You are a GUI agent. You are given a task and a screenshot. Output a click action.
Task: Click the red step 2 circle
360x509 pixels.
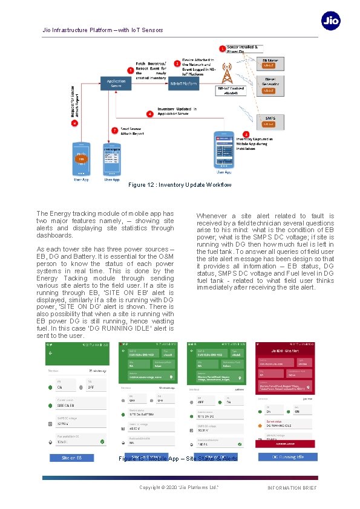click(x=177, y=63)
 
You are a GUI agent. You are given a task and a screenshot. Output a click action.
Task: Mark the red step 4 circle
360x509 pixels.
click(x=150, y=114)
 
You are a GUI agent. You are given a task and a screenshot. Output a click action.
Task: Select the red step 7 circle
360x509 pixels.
click(x=114, y=130)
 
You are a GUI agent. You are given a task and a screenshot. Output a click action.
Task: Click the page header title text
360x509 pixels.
click(x=102, y=30)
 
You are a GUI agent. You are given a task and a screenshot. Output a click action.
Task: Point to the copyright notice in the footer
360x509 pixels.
click(x=178, y=487)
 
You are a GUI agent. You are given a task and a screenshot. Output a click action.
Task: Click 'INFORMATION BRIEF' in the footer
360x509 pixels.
click(x=292, y=488)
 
